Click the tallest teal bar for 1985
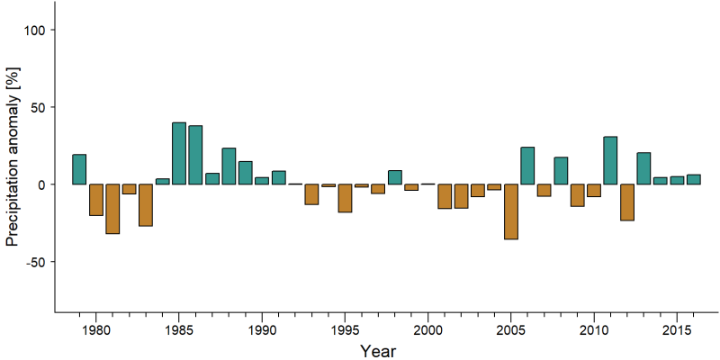point(179,153)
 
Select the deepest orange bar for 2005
point(511,211)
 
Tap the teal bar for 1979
point(79,169)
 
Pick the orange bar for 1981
point(112,209)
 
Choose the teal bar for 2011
point(610,160)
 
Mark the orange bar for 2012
point(626,202)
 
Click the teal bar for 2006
point(527,166)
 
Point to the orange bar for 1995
point(345,198)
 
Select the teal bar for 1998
point(395,177)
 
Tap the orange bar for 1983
point(146,205)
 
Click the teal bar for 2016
point(693,179)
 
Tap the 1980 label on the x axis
point(96,330)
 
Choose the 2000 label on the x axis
point(428,330)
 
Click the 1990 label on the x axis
point(262,330)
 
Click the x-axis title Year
point(378,351)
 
